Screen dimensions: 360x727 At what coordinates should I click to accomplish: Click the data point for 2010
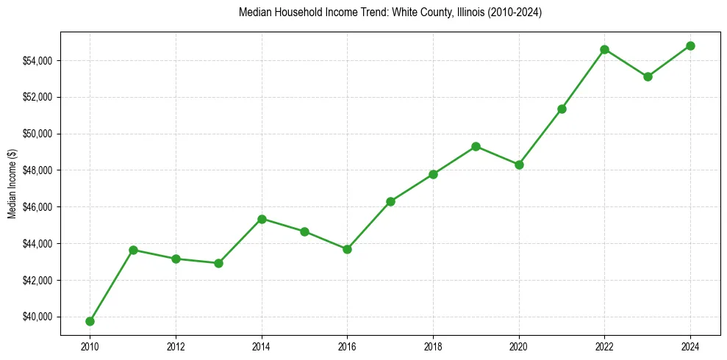(90, 321)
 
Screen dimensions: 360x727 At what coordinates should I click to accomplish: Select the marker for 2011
(133, 250)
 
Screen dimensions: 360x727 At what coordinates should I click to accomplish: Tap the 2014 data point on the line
(262, 219)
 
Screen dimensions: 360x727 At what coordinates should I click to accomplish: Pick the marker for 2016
(347, 249)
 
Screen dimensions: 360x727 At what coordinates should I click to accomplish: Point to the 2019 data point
(476, 146)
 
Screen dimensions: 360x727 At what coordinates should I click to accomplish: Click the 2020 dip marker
(519, 165)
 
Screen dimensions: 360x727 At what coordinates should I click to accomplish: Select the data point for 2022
(604, 49)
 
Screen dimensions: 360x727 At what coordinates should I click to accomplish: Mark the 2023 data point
(648, 76)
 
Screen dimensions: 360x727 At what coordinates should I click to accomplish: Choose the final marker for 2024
(690, 46)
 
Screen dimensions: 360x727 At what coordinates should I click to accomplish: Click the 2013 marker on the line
(218, 263)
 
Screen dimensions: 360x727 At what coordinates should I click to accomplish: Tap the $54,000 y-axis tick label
(38, 60)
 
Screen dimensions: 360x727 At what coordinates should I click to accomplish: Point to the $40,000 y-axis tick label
(38, 317)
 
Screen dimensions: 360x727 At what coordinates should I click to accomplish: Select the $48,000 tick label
(38, 170)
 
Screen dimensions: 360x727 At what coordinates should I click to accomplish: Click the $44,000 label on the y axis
(38, 244)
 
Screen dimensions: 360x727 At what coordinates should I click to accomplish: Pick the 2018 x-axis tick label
(433, 346)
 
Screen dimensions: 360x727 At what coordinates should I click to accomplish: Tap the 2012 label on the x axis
(176, 346)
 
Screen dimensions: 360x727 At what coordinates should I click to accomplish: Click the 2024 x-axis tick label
(690, 346)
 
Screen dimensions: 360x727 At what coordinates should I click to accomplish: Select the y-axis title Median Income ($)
(12, 184)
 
